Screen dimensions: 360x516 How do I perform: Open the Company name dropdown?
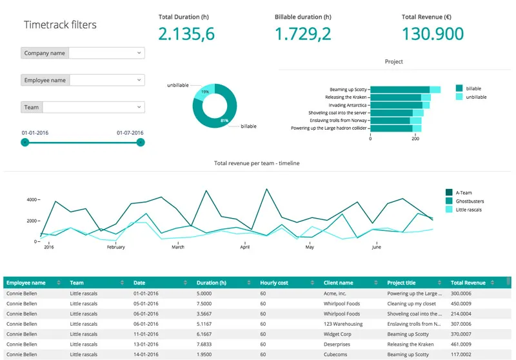point(106,54)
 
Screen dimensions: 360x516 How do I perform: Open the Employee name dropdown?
point(106,81)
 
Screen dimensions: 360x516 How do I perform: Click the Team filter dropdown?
point(93,108)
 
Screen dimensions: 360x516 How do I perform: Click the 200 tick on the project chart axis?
point(416,139)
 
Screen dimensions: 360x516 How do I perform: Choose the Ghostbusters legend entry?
point(469,201)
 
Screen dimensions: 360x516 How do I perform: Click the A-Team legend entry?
point(464,192)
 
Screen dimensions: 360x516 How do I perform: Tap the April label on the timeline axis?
point(244,247)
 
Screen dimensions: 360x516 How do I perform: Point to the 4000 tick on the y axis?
point(32,200)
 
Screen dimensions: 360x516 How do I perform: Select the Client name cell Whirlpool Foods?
point(341,303)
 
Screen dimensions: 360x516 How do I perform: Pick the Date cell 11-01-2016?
point(146,334)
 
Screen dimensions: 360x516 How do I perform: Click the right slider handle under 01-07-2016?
point(141,142)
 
